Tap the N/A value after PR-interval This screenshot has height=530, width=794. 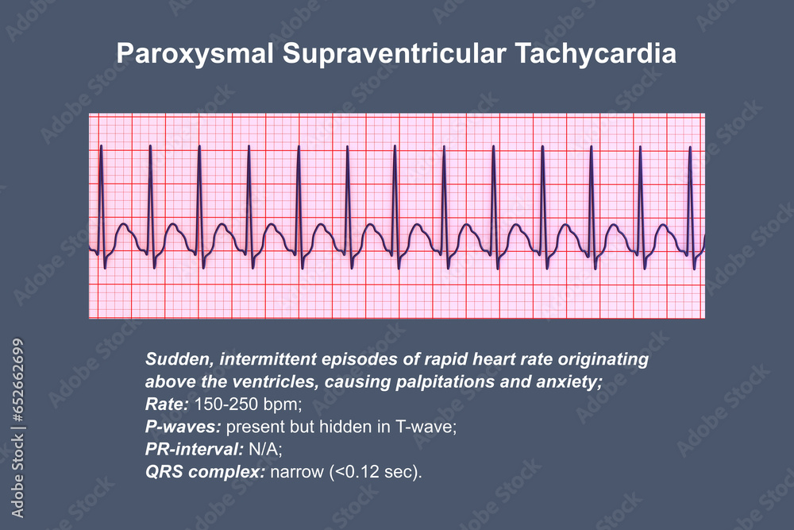click(258, 450)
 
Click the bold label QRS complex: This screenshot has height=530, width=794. click(205, 473)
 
